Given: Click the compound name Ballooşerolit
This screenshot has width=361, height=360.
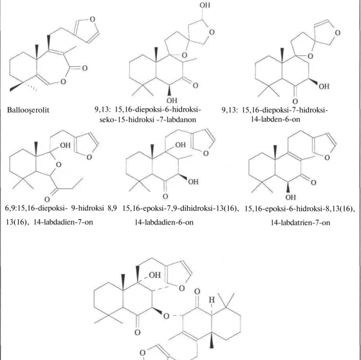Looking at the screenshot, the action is point(28,110).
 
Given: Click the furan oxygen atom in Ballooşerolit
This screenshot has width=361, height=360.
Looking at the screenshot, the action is point(92,19).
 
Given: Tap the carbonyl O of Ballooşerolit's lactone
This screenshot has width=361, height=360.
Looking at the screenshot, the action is point(85,68).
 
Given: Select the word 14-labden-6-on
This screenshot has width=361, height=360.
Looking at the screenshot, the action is point(276,120).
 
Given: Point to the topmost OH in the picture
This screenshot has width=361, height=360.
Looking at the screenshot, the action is point(205,5).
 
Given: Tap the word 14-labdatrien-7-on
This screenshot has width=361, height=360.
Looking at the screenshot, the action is point(300,222).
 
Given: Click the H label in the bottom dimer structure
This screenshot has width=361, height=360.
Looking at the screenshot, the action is point(211,300).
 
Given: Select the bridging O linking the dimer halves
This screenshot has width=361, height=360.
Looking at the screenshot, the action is point(166,316).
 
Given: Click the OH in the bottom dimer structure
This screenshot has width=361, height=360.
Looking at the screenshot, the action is point(155,275).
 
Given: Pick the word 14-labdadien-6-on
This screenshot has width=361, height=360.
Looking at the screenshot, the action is point(164,222).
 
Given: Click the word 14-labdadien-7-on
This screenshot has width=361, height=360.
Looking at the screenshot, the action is point(63,222).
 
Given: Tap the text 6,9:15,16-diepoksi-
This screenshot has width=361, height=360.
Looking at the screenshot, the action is point(36,209).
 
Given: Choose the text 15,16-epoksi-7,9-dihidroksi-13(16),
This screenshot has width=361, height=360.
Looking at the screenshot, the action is point(180,209).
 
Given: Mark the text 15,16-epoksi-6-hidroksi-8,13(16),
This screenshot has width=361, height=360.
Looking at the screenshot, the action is point(299,209).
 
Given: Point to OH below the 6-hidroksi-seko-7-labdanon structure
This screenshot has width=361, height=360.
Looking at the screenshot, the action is point(172,101).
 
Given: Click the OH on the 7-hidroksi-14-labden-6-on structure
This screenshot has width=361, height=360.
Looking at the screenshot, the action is point(324,86).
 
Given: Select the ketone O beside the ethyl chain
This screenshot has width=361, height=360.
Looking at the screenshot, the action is point(47,199).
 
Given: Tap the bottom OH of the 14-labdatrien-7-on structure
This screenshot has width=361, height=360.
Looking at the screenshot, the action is point(291,197).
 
